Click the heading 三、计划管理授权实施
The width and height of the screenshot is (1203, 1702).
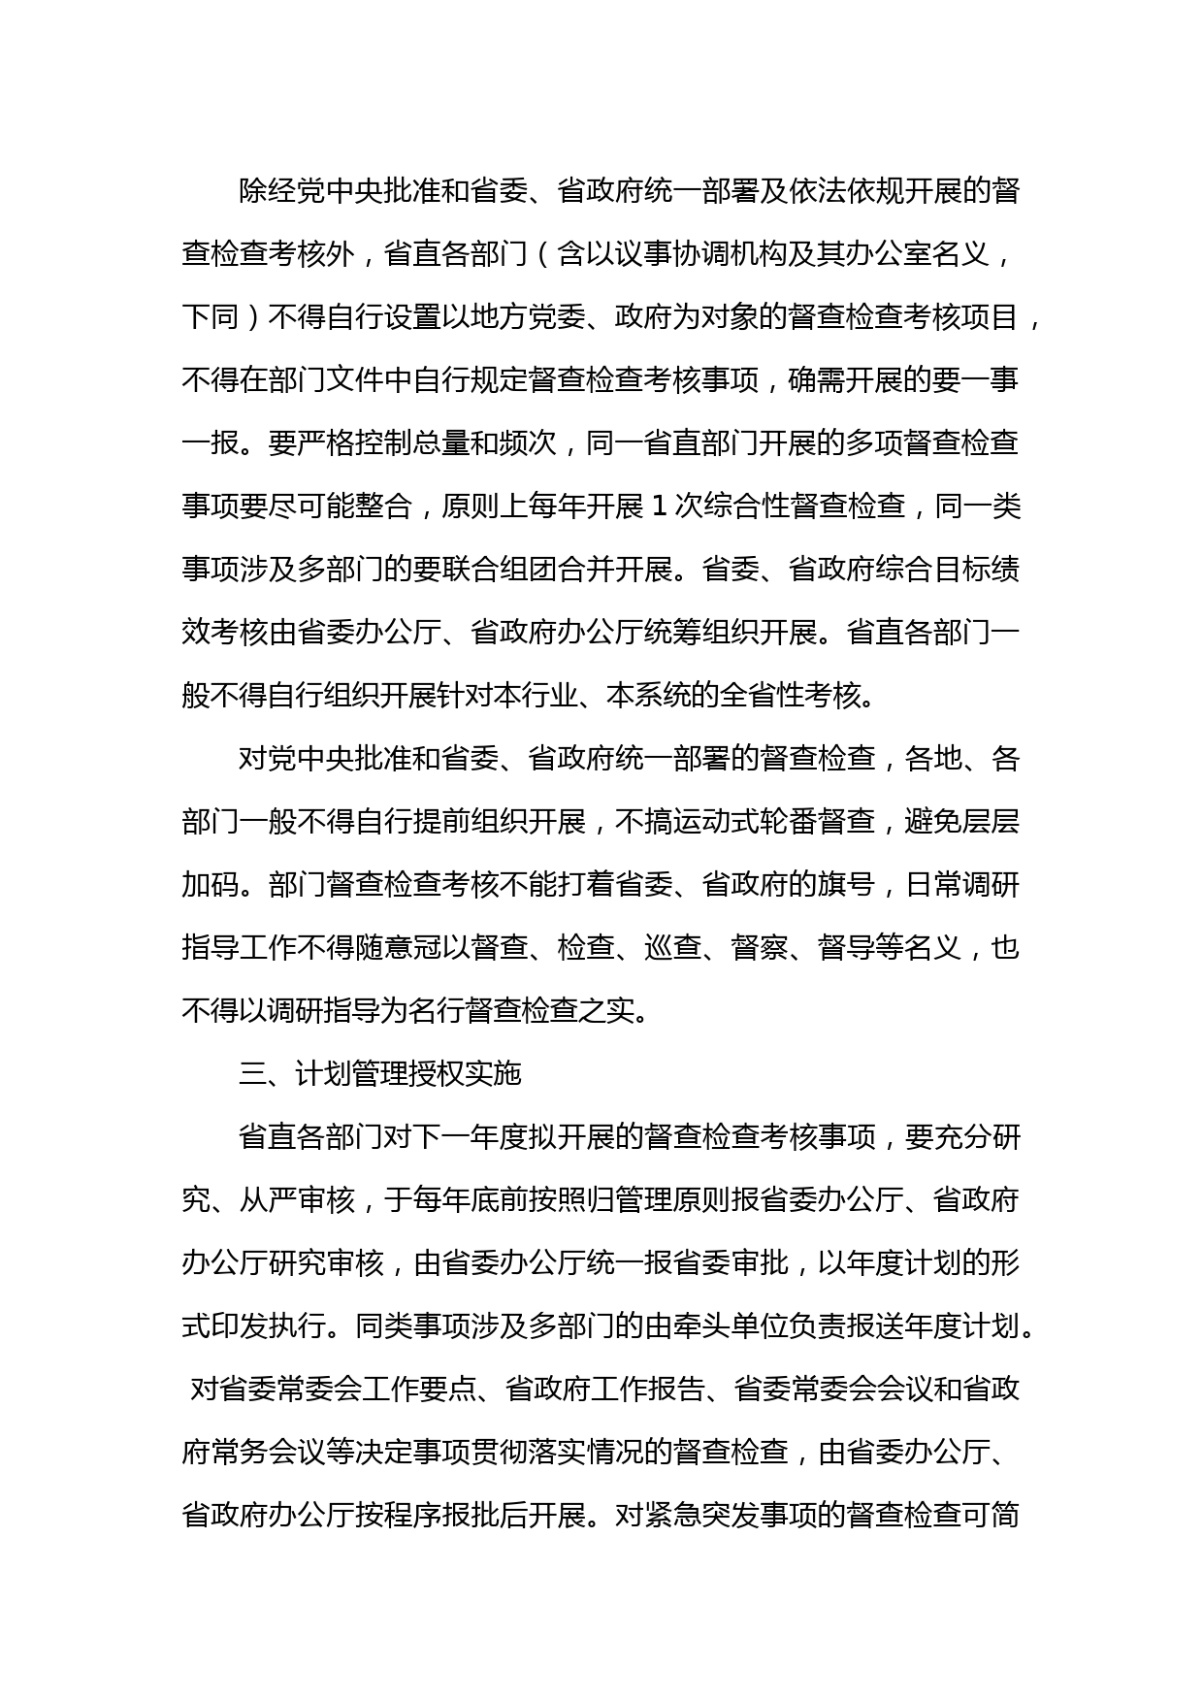click(x=380, y=1074)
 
